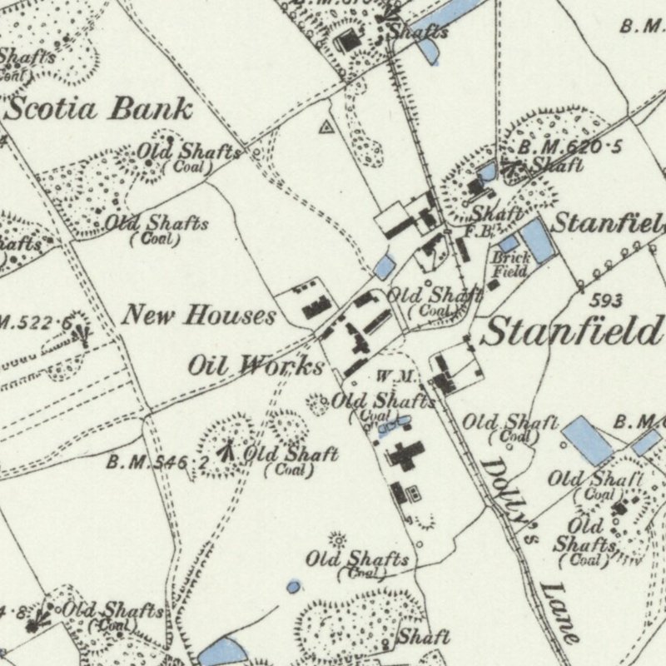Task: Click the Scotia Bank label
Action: coord(100,108)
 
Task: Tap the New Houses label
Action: coord(199,316)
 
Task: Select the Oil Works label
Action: coord(255,365)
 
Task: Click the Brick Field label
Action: coord(511,265)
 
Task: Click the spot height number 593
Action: coord(609,300)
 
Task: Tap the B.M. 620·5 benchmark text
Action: coord(570,148)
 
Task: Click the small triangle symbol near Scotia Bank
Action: coord(326,127)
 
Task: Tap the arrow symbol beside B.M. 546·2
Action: coord(225,451)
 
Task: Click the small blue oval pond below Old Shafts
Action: coord(293,588)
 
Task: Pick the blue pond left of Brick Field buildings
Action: coord(384,266)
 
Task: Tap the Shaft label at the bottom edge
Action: coord(422,638)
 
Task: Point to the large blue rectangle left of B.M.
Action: coord(588,440)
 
